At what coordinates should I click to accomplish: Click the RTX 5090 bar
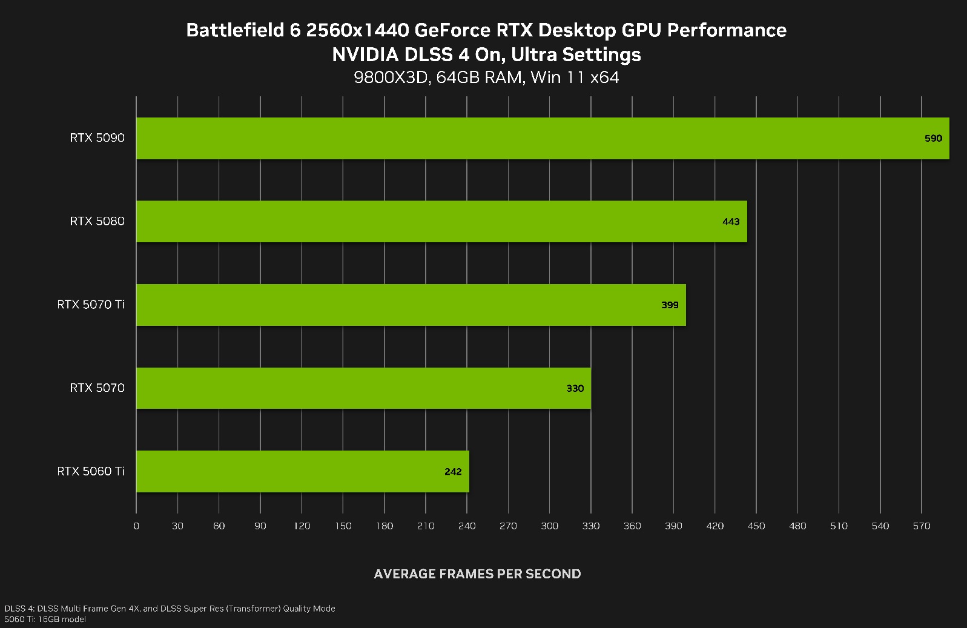[x=543, y=138]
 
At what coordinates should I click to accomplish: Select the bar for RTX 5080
[x=441, y=222]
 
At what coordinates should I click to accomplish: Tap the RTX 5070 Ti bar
[x=411, y=305]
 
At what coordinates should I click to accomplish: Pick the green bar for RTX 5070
[x=363, y=388]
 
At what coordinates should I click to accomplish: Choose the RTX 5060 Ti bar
[x=302, y=471]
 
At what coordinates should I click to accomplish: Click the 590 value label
[x=933, y=139]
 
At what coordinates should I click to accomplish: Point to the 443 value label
[x=731, y=222]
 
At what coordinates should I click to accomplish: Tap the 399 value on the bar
[x=670, y=305]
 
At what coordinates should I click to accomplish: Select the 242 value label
[x=453, y=472]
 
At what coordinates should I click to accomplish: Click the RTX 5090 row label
[x=97, y=138]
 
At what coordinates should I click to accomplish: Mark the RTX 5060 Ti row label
[x=91, y=471]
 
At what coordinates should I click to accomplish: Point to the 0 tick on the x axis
[x=136, y=526]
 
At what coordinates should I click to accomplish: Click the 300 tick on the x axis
[x=549, y=526]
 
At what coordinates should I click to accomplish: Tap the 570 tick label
[x=921, y=526]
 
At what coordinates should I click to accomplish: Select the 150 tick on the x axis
[x=343, y=526]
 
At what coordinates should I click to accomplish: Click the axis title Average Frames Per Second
[x=477, y=573]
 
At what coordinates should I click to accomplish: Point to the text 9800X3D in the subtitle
[x=390, y=78]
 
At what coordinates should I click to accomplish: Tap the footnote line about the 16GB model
[x=45, y=619]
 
